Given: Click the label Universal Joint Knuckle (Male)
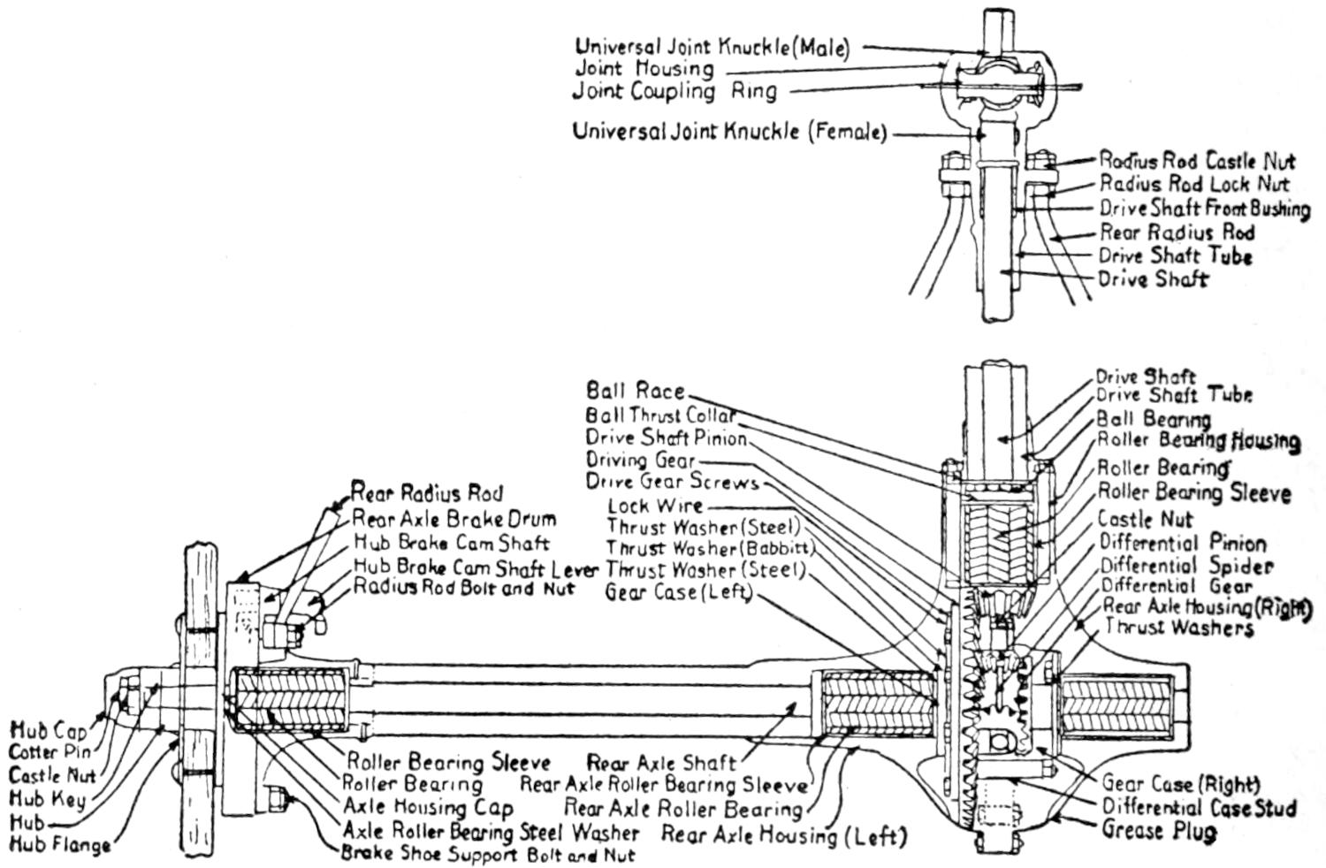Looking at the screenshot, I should [x=712, y=47].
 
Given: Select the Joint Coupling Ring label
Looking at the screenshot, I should [x=674, y=91].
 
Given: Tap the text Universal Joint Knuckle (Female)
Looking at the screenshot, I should [x=728, y=133].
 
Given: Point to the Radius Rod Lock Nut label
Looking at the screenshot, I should [x=1193, y=185].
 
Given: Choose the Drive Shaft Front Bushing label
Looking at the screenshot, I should [x=1204, y=209].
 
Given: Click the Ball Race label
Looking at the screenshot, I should [x=635, y=391].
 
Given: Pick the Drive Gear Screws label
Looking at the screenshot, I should [x=672, y=483].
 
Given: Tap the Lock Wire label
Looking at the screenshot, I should [x=655, y=506].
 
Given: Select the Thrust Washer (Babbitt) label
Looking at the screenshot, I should [x=710, y=549].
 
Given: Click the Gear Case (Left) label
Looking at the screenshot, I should [x=678, y=593].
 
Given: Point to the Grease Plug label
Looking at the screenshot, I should [x=1159, y=831].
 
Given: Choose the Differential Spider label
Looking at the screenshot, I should [x=1186, y=566].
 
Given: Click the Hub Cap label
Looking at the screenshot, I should [x=49, y=731].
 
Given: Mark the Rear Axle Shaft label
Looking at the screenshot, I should [x=662, y=763].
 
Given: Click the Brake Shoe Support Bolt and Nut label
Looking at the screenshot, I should [x=488, y=856].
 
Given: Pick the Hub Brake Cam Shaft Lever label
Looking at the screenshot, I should [x=476, y=567].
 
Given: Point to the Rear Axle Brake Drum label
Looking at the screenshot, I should [x=453, y=519].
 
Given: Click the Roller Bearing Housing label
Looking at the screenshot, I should [x=1199, y=440].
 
